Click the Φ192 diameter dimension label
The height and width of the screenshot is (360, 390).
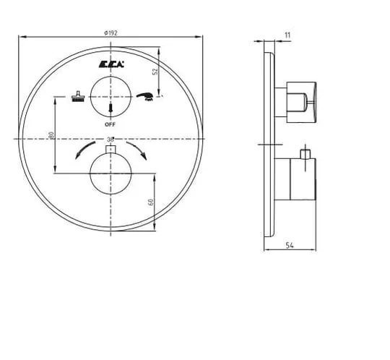111,33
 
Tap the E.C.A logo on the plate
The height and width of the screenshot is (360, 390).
111,64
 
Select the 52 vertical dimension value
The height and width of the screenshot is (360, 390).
155,72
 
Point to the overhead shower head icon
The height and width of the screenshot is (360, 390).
78,96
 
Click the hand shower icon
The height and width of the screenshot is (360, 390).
144,97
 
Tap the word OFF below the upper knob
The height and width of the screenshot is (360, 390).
110,124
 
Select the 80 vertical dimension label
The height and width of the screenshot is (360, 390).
52,135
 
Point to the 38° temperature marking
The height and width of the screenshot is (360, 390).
110,140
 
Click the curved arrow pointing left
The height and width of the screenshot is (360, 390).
84,150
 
